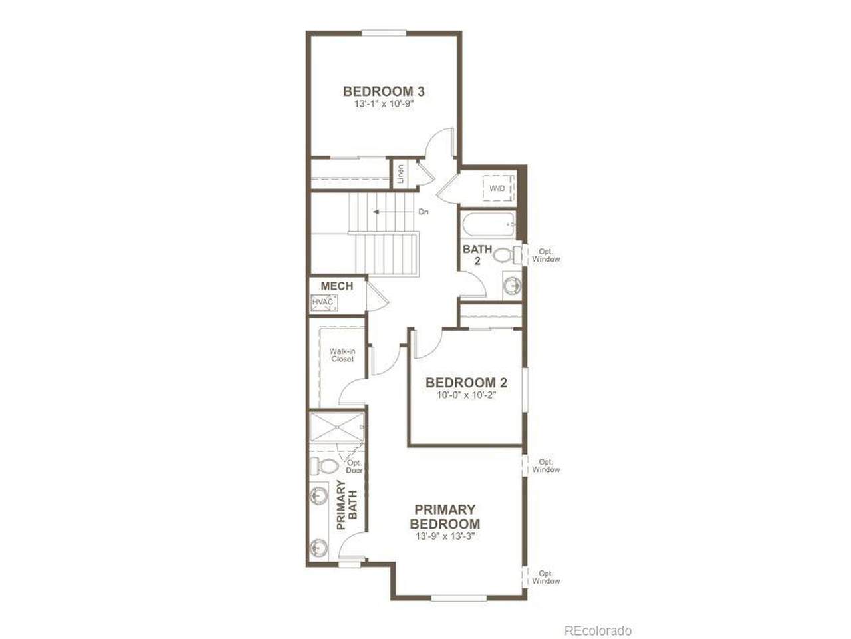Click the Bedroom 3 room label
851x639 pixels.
[x=384, y=91]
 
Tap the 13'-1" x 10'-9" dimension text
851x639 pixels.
[x=384, y=105]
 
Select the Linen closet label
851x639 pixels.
[x=400, y=174]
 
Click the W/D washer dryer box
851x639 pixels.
[x=498, y=188]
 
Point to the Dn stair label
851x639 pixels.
[x=424, y=212]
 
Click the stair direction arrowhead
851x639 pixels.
[x=376, y=212]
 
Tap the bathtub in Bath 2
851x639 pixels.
[x=489, y=224]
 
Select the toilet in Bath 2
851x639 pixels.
[x=507, y=255]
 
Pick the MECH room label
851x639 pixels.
[x=337, y=286]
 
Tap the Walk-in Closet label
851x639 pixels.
[x=342, y=355]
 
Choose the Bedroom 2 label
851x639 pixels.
[x=467, y=383]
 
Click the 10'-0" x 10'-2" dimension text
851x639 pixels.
[x=467, y=395]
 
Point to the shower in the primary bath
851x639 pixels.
[x=337, y=427]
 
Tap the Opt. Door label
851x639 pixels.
[x=354, y=467]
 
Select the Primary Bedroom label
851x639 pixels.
[x=445, y=517]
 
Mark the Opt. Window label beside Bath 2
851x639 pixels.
[x=546, y=256]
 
